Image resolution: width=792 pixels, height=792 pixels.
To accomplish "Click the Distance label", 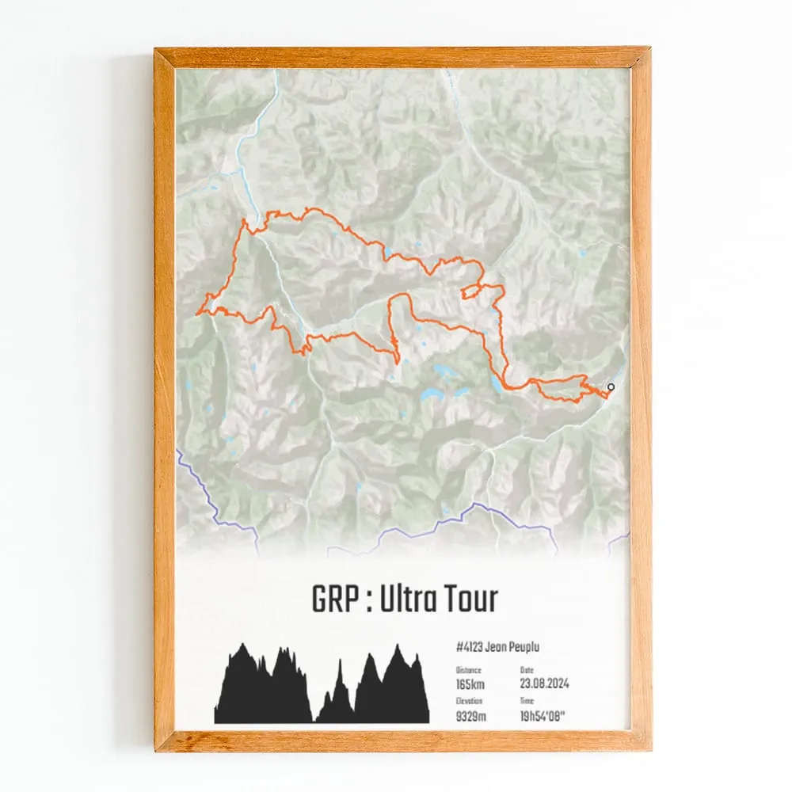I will (x=468, y=670).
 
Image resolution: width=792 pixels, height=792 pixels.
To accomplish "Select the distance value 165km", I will (x=470, y=683).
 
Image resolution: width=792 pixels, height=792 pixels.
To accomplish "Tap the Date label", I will (x=527, y=670).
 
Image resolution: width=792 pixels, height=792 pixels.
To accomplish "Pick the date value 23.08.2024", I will (x=545, y=683).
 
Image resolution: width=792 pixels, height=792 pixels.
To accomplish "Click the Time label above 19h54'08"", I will (x=527, y=701).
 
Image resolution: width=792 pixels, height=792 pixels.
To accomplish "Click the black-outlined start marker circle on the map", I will (x=611, y=386).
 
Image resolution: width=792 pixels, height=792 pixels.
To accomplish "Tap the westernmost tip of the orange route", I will (x=196, y=314).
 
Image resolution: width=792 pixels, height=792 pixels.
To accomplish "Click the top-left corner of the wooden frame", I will (x=157, y=50).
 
